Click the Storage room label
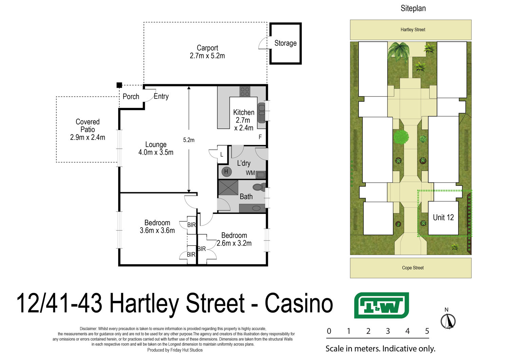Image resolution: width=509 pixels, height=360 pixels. pos(285,43)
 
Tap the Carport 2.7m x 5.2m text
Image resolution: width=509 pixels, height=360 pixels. pos(207,52)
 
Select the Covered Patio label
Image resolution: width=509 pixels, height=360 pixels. pos(88,129)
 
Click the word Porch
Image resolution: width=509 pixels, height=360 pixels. pos(131,96)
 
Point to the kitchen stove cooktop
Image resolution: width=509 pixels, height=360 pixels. pos(245,91)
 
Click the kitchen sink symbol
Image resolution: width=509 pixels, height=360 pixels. pos(262,113)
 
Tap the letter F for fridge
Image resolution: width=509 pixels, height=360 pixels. pos(260,137)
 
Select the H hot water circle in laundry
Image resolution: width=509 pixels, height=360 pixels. pos(226,172)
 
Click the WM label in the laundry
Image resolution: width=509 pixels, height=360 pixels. pos(250,173)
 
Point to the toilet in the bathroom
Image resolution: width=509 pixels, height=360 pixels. pos(259,187)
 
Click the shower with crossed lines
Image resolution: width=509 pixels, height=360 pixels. pos(228,187)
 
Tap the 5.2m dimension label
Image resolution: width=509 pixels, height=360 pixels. pos(189,140)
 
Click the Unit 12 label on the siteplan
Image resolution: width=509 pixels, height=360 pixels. pos(443,217)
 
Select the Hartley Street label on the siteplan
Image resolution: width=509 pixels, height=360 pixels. pos(413,30)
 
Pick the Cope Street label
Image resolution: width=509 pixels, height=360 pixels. pos(413,268)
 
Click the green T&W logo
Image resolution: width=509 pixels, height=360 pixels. pos(381,305)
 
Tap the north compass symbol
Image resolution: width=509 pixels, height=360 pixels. pos(448,321)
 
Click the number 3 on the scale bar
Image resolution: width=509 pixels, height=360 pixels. pos(388,331)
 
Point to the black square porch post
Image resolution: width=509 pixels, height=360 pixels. pos(119,85)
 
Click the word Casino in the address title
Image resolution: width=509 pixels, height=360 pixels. pos(299,303)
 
